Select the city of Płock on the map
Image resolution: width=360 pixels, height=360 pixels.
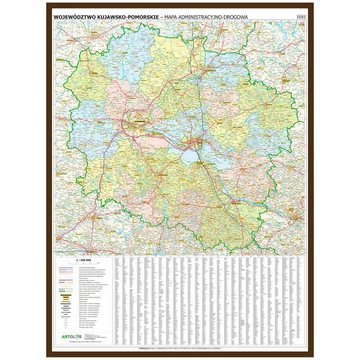pos(295,218)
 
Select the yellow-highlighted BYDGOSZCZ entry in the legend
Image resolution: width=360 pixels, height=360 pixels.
pos(65,294)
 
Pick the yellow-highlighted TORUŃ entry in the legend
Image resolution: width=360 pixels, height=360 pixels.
pos(65,297)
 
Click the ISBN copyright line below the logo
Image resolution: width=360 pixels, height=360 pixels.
pos(85,342)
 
